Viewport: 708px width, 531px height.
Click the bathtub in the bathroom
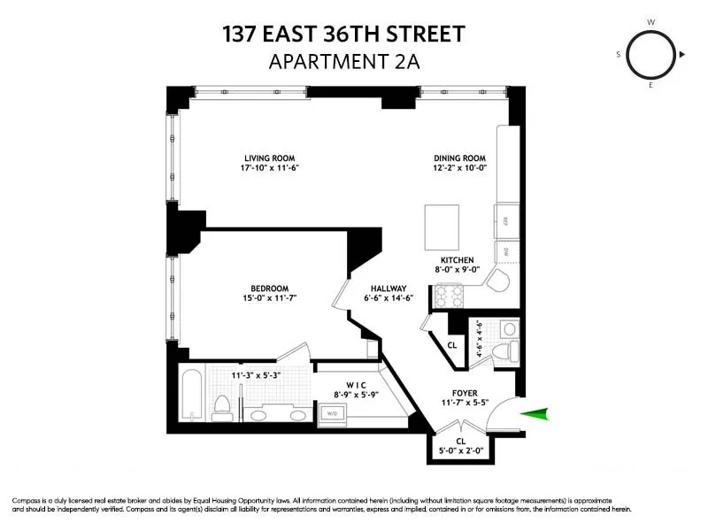[x=190, y=395]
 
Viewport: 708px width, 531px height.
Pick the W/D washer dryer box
[x=334, y=412]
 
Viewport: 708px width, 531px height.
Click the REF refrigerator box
[x=507, y=219]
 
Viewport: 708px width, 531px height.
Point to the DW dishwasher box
[x=507, y=253]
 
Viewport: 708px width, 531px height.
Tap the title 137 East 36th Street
[x=343, y=35]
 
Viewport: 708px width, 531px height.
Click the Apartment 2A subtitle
[x=343, y=62]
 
